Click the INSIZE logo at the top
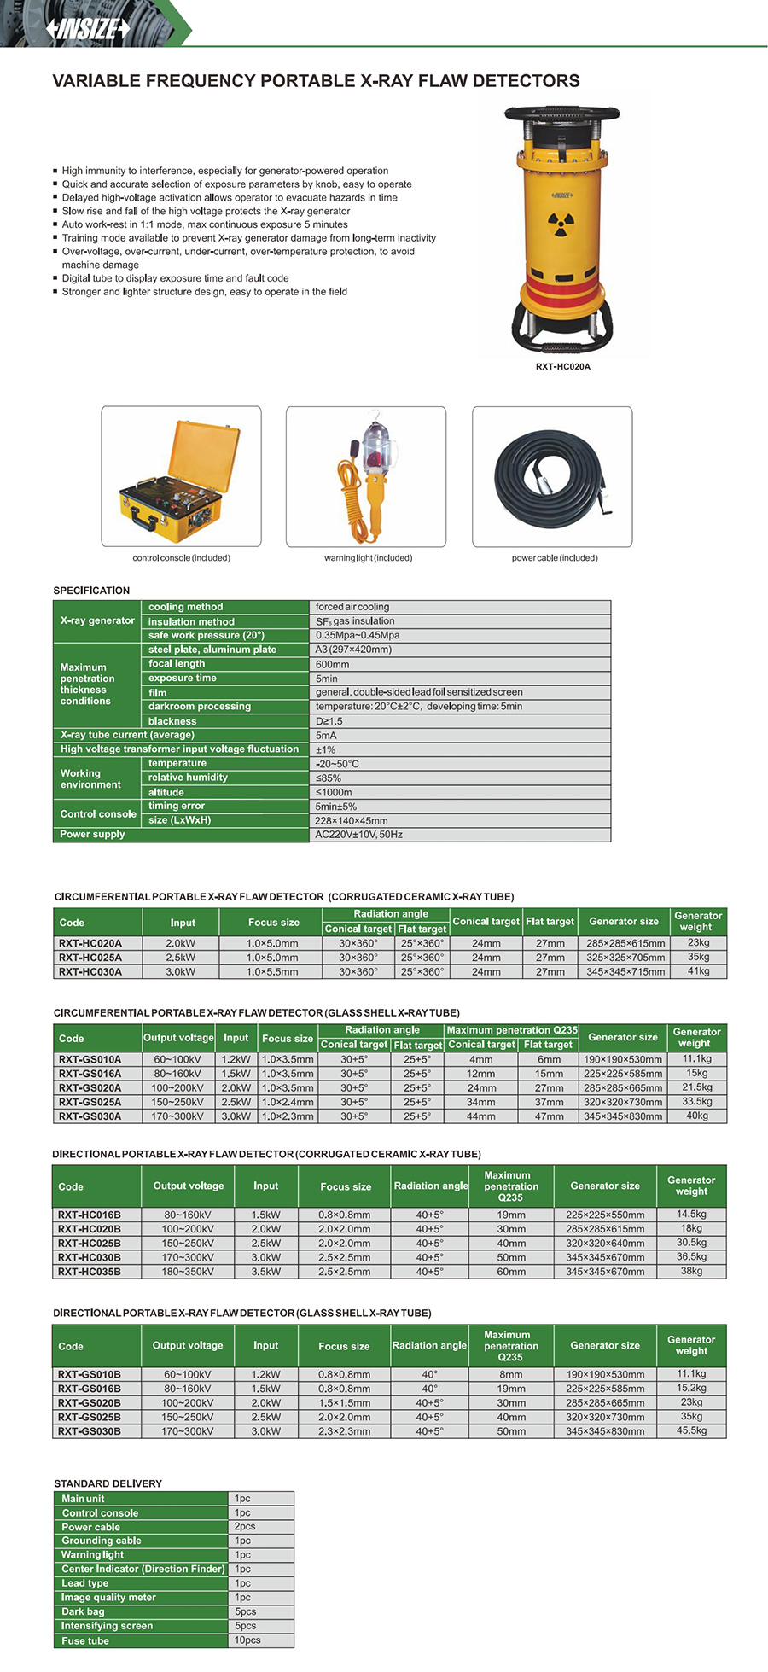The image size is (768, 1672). click(x=88, y=29)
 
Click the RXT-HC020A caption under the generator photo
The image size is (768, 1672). click(x=562, y=367)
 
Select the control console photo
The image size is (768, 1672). click(x=181, y=476)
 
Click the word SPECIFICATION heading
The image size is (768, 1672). click(x=91, y=591)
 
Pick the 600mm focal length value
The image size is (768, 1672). click(x=332, y=664)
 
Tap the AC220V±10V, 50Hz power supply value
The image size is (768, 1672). click(x=358, y=835)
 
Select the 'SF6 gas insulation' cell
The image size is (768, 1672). click(x=355, y=621)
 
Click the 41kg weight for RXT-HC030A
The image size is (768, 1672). click(x=698, y=971)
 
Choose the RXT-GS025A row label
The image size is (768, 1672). click(x=90, y=1102)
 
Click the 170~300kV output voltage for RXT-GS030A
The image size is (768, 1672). click(x=177, y=1116)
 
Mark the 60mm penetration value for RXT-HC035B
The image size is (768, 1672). click(x=511, y=1272)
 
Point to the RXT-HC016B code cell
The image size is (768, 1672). click(x=90, y=1215)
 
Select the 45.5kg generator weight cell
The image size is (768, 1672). click(x=691, y=1430)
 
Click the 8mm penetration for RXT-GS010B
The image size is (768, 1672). click(x=511, y=1374)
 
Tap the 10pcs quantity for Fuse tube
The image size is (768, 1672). click(x=247, y=1640)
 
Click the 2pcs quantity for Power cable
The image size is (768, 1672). click(x=245, y=1526)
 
